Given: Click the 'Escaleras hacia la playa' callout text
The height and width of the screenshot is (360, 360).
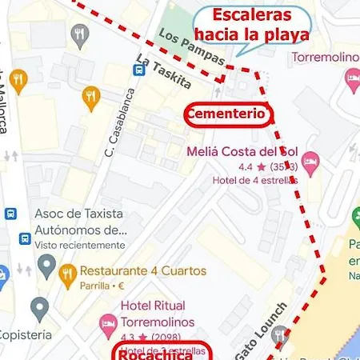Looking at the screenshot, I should tap(252, 26).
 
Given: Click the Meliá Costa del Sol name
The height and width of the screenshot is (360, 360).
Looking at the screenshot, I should tap(242, 152).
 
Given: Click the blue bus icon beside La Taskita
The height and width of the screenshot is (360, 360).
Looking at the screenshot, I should tap(138, 70).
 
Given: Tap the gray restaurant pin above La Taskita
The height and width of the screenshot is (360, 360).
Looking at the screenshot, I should tap(78, 34).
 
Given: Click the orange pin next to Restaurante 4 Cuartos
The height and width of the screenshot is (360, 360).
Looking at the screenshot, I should tap(68, 276).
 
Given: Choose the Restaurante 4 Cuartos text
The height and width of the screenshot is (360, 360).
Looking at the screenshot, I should tap(143, 270).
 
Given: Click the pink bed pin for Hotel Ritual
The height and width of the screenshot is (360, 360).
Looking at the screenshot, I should tap(106, 325).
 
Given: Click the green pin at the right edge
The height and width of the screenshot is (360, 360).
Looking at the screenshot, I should tap(355, 218).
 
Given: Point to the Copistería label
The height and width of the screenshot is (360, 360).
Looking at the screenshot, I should tap(24, 334).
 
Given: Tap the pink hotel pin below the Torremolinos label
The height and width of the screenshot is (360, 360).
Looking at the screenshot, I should tap(350, 78).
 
